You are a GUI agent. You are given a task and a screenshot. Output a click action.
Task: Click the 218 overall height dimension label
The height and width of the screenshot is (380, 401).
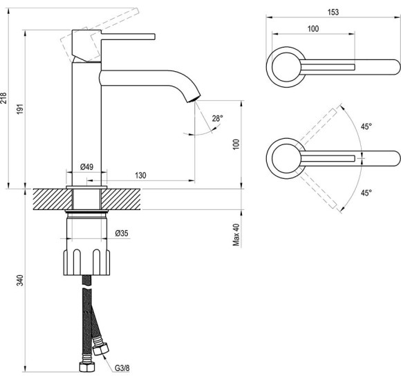[4, 98]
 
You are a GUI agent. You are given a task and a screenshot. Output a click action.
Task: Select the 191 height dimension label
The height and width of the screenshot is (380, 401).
[20, 108]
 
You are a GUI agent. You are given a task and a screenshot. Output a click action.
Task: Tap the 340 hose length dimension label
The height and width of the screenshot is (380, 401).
[20, 280]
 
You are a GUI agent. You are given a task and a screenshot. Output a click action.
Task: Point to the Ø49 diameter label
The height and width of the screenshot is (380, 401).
[86, 167]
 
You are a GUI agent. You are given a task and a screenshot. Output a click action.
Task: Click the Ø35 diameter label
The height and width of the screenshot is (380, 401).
[122, 233]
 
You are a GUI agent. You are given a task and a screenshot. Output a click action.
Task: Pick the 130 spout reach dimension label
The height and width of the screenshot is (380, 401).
[140, 175]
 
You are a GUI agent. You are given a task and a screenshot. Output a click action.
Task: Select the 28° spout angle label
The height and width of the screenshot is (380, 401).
[217, 119]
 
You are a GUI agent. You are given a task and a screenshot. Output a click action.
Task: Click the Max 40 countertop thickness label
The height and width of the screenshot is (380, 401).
[236, 235]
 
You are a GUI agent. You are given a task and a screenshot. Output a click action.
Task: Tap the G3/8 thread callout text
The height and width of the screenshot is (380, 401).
[122, 368]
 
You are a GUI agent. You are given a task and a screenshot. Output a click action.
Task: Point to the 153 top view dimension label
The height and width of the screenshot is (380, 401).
[333, 12]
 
